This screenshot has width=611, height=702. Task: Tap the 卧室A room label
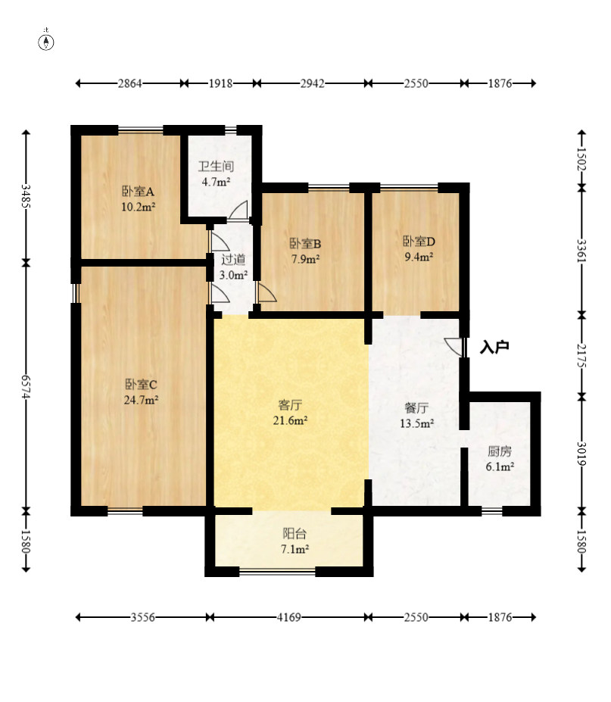(x=139, y=192)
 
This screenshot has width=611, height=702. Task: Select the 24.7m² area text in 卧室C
(x=141, y=400)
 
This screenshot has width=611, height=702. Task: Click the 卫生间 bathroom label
(x=217, y=167)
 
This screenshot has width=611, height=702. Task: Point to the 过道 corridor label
(x=233, y=259)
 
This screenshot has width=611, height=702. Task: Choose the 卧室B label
(x=305, y=244)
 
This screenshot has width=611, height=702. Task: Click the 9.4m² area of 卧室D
(x=419, y=257)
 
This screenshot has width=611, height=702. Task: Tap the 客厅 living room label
(x=290, y=405)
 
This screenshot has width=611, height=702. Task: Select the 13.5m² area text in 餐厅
(x=416, y=423)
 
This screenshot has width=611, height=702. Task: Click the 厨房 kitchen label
(x=500, y=451)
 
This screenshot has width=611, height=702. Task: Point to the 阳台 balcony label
(x=295, y=534)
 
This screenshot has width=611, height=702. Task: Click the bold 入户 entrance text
(x=494, y=347)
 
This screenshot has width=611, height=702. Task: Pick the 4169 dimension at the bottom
(x=289, y=617)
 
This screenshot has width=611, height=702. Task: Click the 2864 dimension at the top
(x=129, y=83)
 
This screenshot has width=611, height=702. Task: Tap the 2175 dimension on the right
(x=581, y=355)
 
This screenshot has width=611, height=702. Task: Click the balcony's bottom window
(x=278, y=571)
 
